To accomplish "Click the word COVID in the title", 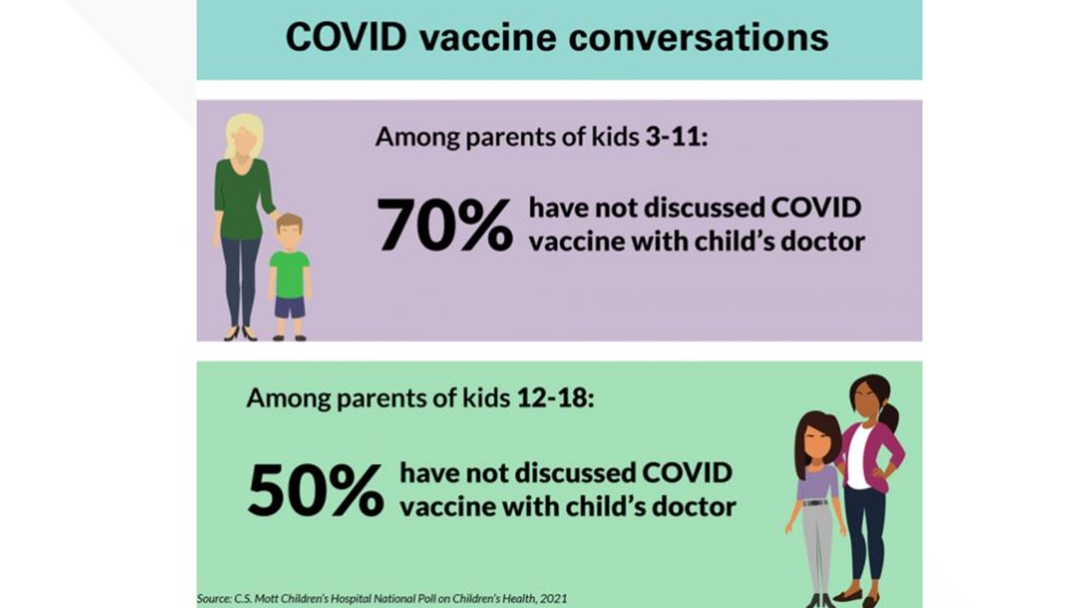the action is click(345, 37).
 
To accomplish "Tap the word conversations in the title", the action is click(699, 37).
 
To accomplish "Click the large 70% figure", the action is click(444, 224).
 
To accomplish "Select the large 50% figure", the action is click(315, 489).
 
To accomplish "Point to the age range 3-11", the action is click(676, 137).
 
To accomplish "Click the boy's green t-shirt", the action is click(289, 274).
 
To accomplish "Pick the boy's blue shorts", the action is click(289, 307).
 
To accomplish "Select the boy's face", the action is click(289, 236).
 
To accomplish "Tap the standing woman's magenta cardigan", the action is click(875, 455).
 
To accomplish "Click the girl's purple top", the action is click(818, 482).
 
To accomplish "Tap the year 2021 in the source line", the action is click(553, 599).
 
